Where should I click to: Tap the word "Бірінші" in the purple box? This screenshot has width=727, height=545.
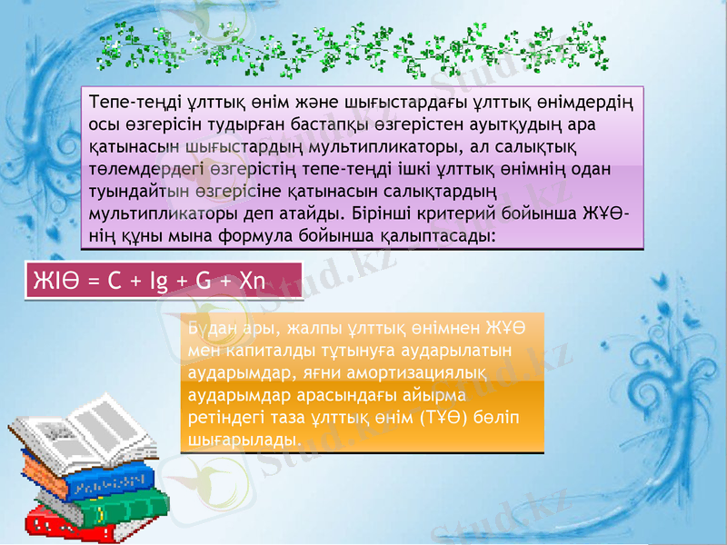pyautogui.click(x=397, y=215)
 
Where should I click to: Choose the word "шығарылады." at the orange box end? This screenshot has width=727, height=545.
pyautogui.click(x=242, y=441)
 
